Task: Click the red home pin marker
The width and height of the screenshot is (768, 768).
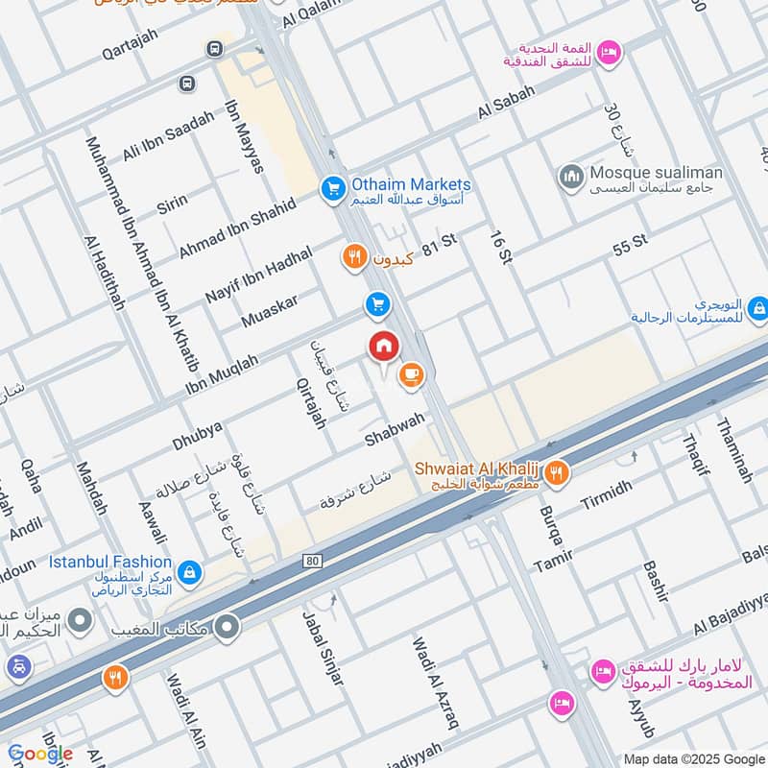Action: point(384,346)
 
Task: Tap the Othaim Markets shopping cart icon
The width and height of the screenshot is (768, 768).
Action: point(333,188)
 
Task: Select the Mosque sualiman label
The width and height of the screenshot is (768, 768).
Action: point(656,173)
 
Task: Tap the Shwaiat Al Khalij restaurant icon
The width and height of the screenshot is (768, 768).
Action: point(557,472)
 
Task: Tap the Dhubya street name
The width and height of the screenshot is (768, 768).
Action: point(197,434)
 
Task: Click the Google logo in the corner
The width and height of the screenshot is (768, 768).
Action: point(40,754)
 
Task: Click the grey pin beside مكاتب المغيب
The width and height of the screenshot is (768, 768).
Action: point(228,627)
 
